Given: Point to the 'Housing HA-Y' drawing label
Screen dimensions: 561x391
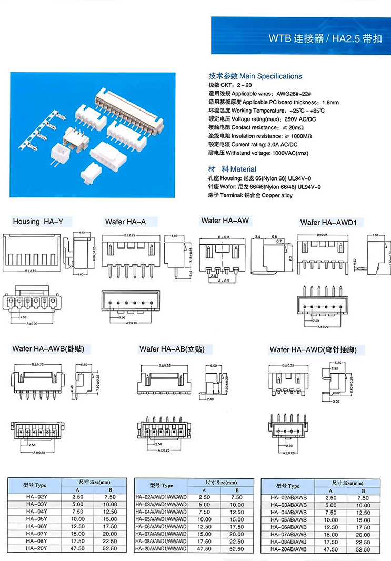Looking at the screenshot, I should click(x=34, y=222).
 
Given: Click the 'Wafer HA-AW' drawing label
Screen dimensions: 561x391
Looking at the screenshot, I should click(x=225, y=221).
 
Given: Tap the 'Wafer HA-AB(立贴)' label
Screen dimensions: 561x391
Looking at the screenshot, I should click(x=172, y=349).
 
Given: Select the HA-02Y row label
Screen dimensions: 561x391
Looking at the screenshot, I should click(x=36, y=496).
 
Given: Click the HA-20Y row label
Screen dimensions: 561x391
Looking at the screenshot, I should click(x=36, y=548).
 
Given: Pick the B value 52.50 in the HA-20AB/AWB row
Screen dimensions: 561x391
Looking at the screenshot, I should click(x=363, y=549).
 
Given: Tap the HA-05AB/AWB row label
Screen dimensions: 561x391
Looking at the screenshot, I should click(x=288, y=520).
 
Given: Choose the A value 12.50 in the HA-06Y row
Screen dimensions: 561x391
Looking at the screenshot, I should click(x=77, y=526).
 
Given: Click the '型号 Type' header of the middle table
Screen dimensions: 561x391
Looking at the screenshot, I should click(x=161, y=485).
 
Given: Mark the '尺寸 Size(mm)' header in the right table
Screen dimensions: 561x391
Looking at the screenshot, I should click(x=347, y=483).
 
